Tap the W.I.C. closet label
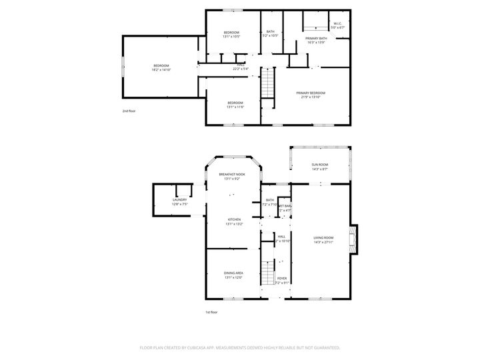point(338,25)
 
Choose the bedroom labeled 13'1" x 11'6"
point(235,104)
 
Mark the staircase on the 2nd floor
point(267,84)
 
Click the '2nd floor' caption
point(129,111)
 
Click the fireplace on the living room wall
point(355,240)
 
